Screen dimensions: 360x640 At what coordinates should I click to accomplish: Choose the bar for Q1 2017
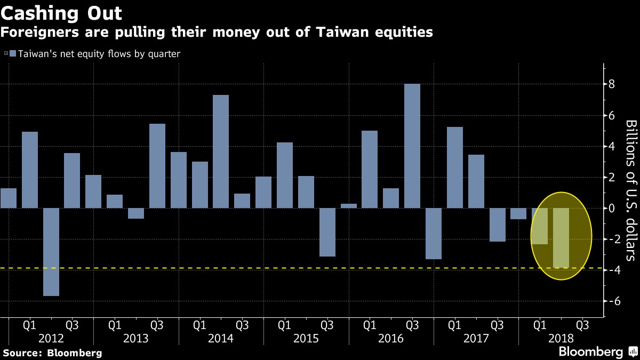pyautogui.click(x=455, y=167)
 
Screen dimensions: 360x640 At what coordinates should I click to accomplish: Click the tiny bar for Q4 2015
pyautogui.click(x=349, y=206)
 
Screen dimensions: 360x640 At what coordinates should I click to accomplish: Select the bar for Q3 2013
pyautogui.click(x=157, y=166)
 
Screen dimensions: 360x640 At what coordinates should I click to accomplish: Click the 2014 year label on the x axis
pyautogui.click(x=221, y=338)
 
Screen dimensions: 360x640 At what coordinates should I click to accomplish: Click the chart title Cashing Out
pyautogui.click(x=61, y=13)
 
